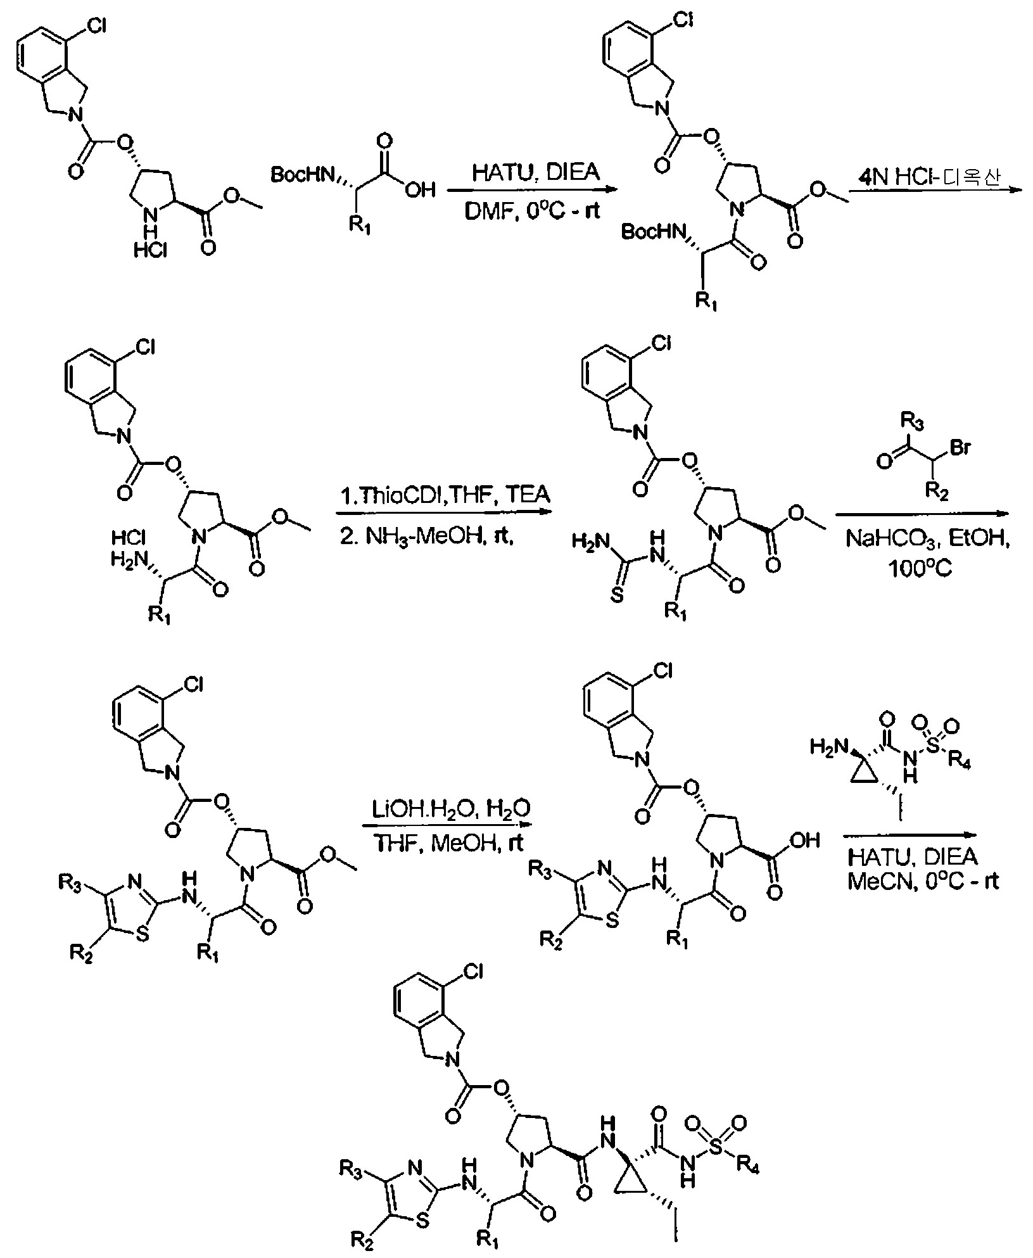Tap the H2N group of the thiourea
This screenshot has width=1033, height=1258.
[x=588, y=541]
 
